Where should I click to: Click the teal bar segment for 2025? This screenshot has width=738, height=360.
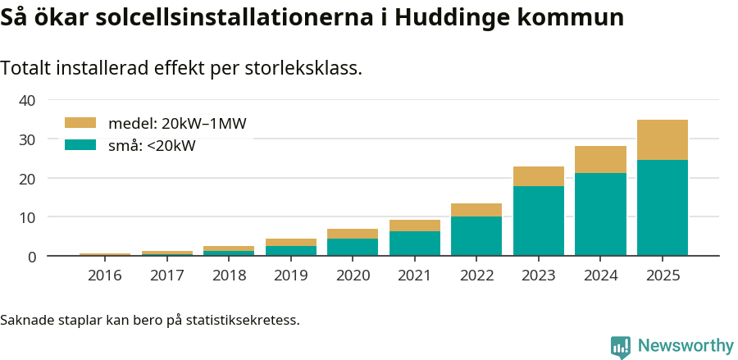click(662, 207)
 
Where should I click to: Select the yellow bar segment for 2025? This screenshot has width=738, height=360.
click(662, 139)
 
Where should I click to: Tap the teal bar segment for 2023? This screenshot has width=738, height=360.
click(538, 221)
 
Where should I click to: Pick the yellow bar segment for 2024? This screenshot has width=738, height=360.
click(600, 159)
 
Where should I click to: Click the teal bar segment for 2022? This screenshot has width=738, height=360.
click(476, 235)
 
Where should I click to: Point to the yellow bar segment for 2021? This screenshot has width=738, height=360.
click(414, 226)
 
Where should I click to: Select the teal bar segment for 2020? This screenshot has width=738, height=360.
click(352, 247)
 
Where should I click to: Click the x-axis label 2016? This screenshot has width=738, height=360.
click(104, 276)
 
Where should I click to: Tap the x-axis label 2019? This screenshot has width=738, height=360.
click(290, 276)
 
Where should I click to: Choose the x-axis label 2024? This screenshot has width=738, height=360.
click(600, 276)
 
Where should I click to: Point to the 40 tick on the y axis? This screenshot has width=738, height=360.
click(28, 100)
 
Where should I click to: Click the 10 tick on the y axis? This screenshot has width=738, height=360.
click(28, 217)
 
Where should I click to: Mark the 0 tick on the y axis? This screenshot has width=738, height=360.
click(32, 257)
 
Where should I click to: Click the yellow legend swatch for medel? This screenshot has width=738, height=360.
click(80, 123)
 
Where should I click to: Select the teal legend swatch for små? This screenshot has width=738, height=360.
click(80, 145)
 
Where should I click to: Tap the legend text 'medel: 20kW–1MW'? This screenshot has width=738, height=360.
click(177, 124)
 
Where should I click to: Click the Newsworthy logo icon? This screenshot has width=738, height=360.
click(621, 346)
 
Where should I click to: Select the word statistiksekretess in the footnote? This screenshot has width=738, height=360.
click(242, 319)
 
